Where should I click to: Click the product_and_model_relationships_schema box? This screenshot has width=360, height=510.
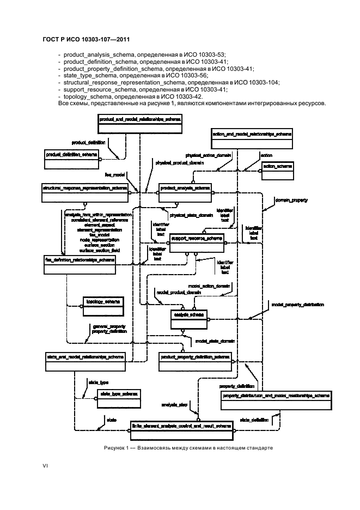click(138, 124)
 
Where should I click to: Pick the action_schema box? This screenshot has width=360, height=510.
click(277, 169)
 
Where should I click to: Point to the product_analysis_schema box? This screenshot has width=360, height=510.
click(185, 192)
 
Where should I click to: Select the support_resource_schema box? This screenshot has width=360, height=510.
click(197, 244)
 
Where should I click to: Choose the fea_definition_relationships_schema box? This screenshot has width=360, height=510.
click(80, 265)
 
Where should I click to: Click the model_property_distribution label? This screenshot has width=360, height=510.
click(297, 305)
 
